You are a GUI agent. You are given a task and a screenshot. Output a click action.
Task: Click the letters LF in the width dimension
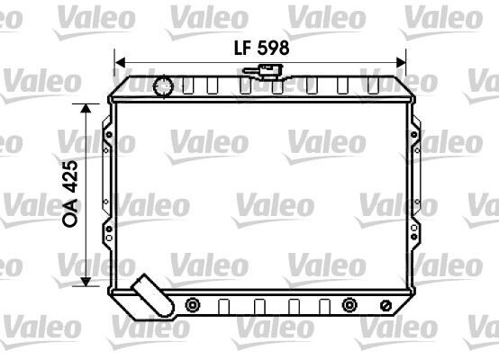click(x=240, y=49)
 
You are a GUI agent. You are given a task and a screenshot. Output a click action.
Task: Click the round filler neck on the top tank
click(x=163, y=86)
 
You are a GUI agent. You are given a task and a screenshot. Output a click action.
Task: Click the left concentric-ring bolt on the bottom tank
click(x=191, y=305)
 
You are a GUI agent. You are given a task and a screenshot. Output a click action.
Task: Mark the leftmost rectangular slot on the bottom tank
click(x=223, y=304)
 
